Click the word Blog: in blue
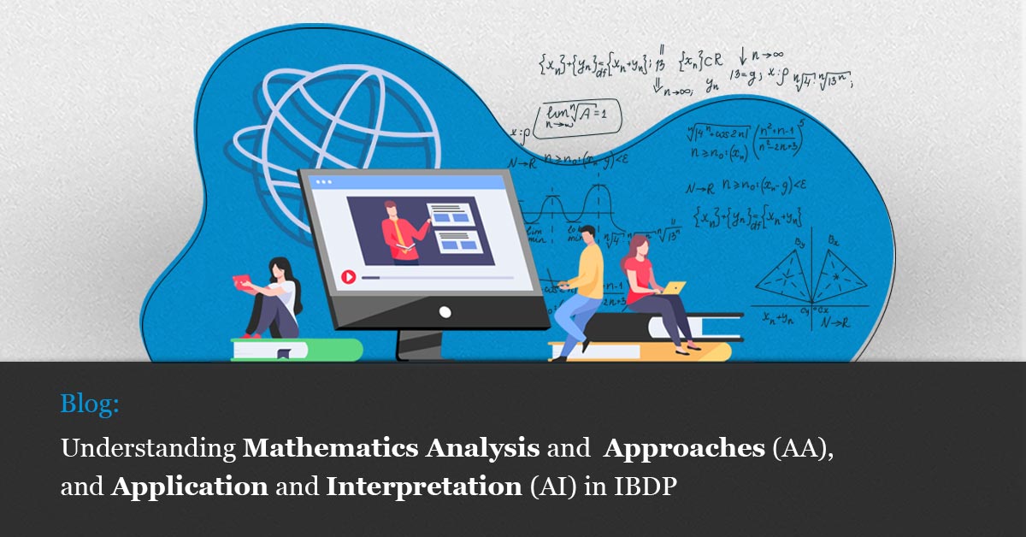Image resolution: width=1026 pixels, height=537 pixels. coord(90,404)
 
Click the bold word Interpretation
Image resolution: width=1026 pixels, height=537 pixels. coord(423,487)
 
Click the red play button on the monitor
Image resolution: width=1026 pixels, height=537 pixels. coord(348,277)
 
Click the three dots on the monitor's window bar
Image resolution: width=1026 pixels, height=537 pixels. coord(324,182)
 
